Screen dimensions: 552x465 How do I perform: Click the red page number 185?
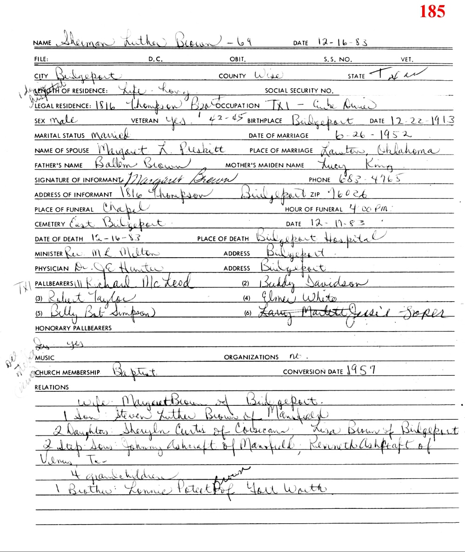[x=432, y=11]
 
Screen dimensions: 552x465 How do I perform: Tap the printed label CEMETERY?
[x=50, y=224]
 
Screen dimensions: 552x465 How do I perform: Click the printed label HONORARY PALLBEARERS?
[x=73, y=328]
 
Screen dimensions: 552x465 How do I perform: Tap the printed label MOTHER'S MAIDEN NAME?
[x=265, y=165]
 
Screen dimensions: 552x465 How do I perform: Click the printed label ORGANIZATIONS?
[x=251, y=357]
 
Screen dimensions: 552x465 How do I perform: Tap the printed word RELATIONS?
[x=52, y=387]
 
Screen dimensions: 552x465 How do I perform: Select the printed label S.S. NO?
[x=338, y=59]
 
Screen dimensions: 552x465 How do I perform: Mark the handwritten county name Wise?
[x=271, y=75]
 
